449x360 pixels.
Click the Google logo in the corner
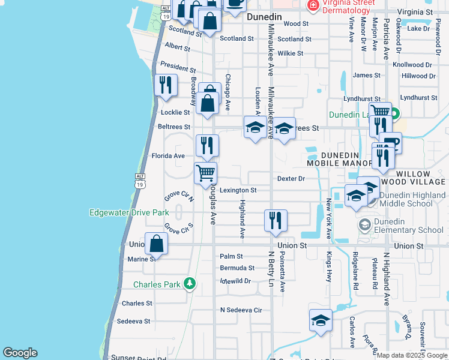pyautogui.click(x=20, y=353)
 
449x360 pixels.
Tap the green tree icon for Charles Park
pyautogui.click(x=190, y=283)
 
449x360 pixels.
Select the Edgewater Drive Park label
pyautogui.click(x=128, y=212)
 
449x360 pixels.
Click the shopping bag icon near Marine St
pyautogui.click(x=156, y=244)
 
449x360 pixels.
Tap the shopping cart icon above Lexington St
pyautogui.click(x=206, y=173)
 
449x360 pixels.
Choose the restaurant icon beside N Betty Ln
pyautogui.click(x=276, y=220)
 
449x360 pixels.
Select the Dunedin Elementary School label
pyautogui.click(x=409, y=226)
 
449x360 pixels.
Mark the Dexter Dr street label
pyautogui.click(x=291, y=179)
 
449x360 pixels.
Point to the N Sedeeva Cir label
pyautogui.click(x=241, y=310)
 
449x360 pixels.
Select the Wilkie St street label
pyautogui.click(x=290, y=53)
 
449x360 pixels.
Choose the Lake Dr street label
pyautogui.click(x=418, y=28)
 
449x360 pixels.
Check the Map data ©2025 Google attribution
pyautogui.click(x=412, y=355)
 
